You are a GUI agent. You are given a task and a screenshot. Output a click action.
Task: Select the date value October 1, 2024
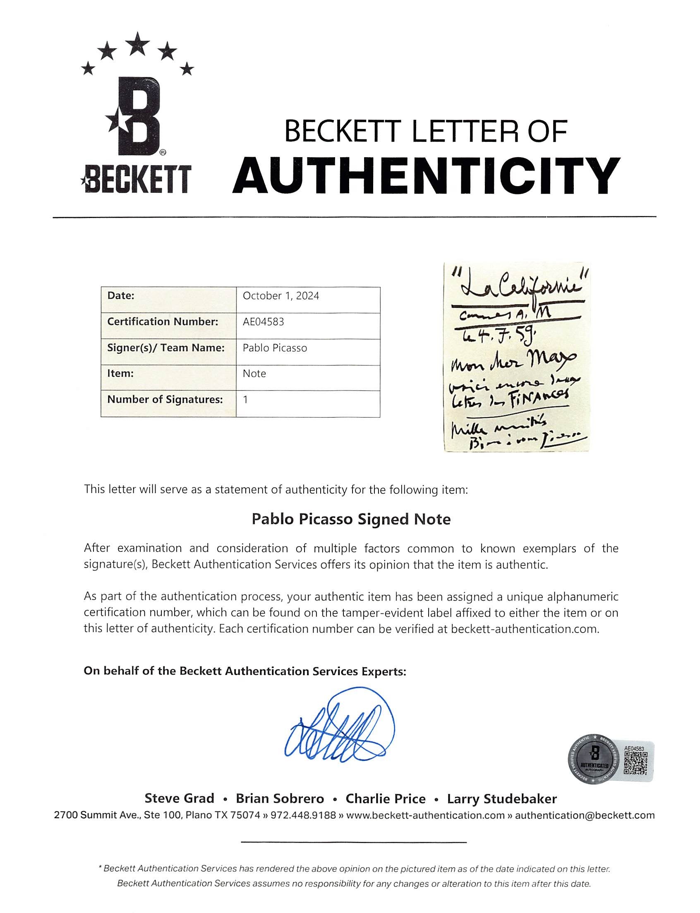[x=281, y=296]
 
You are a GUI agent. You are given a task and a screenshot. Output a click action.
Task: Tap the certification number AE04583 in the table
[x=264, y=322]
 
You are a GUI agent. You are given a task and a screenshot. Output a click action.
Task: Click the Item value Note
[x=254, y=374]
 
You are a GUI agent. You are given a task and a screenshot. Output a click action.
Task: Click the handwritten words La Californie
[x=515, y=287]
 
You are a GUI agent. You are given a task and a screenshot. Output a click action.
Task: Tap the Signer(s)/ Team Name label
[x=166, y=347]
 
